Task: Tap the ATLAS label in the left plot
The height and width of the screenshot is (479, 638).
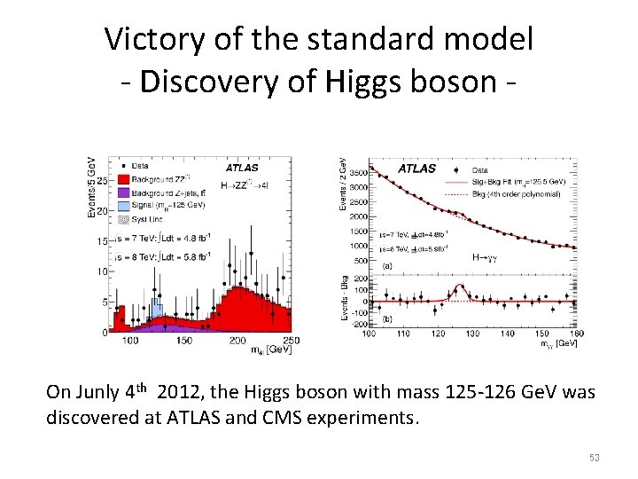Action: pos(242,167)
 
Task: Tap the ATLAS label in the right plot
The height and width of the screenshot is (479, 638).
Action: pos(416,168)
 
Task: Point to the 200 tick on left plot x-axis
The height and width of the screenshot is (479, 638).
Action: pos(237,341)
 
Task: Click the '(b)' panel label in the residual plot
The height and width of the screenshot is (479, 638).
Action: pos(387,318)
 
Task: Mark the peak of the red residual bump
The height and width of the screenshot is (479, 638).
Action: pos(460,287)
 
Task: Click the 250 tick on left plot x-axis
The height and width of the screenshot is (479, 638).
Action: pos(291,341)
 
